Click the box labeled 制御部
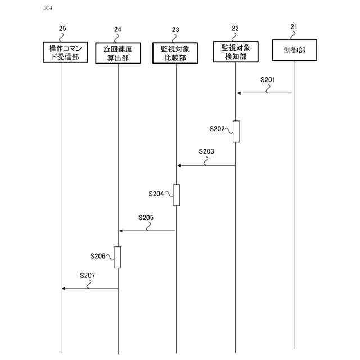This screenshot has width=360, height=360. click(294, 49)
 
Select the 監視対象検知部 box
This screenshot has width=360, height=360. click(235, 52)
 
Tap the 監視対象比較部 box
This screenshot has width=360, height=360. click(175, 52)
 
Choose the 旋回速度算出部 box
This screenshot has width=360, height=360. click(118, 52)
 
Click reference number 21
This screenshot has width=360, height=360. click(294, 27)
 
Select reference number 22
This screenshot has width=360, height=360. click(235, 29)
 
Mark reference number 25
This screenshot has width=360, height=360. click(62, 29)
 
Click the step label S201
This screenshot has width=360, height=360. click(268, 79)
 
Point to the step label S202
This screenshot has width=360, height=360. click(217, 129)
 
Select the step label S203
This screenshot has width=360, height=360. click(206, 151)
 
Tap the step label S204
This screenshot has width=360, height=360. click(156, 193)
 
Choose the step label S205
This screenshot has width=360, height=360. click(146, 217)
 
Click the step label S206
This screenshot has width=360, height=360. click(98, 256)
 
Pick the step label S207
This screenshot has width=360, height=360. click(87, 275)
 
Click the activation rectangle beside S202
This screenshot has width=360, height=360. click(236, 131)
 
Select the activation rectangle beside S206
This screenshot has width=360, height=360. click(118, 257)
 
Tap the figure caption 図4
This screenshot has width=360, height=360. click(47, 8)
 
